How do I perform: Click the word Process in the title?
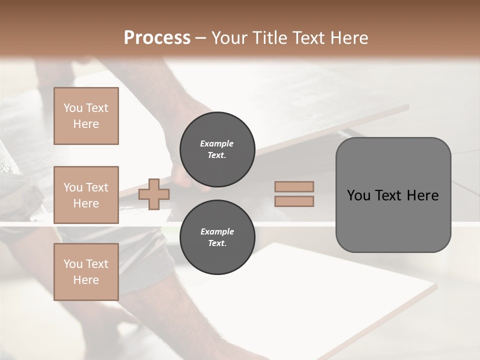157,38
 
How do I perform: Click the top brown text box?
86,116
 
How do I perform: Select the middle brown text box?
86,195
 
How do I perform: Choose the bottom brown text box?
86,271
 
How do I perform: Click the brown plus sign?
154,194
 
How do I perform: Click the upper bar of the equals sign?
294,186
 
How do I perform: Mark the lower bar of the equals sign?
294,201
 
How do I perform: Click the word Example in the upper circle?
217,143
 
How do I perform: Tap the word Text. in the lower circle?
217,243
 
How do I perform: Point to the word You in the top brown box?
72,108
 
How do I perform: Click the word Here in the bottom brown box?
86,280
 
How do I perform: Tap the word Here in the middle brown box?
86,203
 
